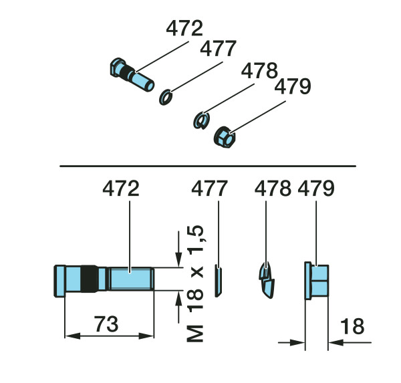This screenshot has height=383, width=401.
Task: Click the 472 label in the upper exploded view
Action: click(x=184, y=28)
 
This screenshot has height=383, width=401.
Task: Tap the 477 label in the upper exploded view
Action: click(x=218, y=48)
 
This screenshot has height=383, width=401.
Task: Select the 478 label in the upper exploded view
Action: click(x=259, y=70)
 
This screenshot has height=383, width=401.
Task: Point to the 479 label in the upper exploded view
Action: click(x=293, y=86)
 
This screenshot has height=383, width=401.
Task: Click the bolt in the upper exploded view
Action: click(x=132, y=74)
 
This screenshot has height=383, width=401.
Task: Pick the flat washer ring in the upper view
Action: click(x=166, y=97)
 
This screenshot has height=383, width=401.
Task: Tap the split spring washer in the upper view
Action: click(x=202, y=121)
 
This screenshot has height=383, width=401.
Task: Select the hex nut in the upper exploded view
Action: click(x=225, y=137)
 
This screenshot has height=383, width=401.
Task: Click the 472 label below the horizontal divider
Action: click(x=121, y=188)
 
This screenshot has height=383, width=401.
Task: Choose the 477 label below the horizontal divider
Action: click(x=209, y=188)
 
